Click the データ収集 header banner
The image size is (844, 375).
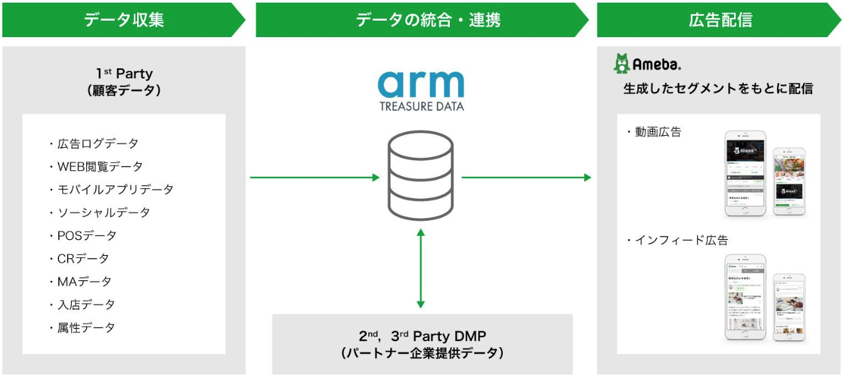[123, 20]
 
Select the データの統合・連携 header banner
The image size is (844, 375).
[421, 20]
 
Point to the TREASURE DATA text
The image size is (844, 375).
[421, 106]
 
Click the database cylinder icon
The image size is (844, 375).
[421, 175]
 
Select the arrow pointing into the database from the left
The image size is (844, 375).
[315, 178]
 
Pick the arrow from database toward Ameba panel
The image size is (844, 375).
[526, 178]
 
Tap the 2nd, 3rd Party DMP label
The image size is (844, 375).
[422, 336]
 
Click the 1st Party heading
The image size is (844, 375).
[124, 74]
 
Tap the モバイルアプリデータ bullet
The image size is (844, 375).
[111, 189]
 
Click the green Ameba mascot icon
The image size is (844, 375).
[621, 64]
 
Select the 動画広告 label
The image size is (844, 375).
[654, 133]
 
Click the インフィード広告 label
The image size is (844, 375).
[677, 241]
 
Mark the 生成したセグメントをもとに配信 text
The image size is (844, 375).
[718, 89]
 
